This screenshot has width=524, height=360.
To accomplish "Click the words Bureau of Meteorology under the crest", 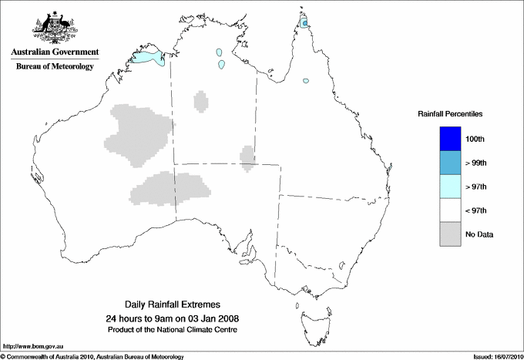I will pos(55,67).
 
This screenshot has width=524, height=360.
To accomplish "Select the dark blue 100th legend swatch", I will pos(451,138).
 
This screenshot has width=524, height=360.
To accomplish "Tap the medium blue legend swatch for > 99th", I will pos(451,163).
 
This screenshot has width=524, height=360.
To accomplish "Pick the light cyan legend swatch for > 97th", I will pos(451,187).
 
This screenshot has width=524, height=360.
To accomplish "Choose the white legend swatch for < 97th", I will pos(451,210).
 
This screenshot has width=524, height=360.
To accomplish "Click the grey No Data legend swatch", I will pos(451,234).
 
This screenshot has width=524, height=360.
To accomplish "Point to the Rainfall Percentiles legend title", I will pos(450,114).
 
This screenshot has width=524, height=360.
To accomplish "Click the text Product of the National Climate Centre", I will pos(183,330).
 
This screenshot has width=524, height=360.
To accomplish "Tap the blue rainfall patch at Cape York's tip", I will pos(306,24).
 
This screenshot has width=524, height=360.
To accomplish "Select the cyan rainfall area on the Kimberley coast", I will pos(149,57).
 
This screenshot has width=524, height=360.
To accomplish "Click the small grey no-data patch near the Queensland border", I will pos(248,156).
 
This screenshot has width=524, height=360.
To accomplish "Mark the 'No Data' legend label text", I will pos(479,234).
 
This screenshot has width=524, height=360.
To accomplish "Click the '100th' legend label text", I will pos(476,139).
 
